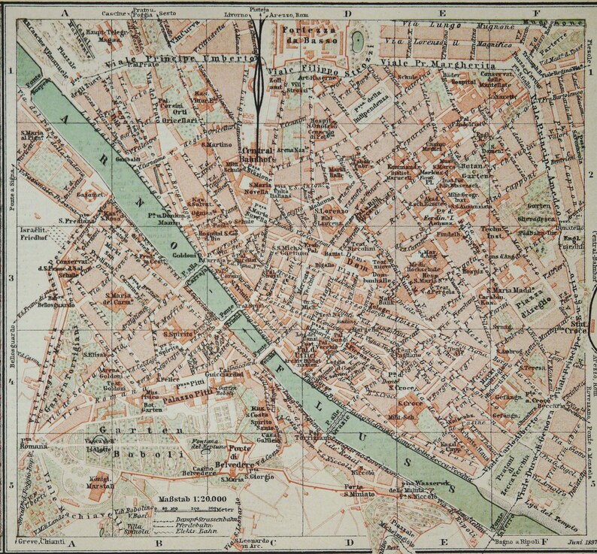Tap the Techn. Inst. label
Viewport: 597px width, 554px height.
[x=513, y=233]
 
